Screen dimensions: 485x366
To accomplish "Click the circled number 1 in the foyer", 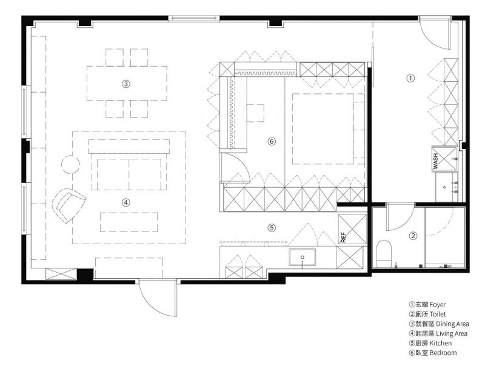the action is pos(410,79).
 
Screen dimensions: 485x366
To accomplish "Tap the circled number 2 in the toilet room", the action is pos(413,236).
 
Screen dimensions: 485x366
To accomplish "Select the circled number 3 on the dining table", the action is pos(125,84).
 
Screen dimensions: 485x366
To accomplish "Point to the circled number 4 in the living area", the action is pos(125,202).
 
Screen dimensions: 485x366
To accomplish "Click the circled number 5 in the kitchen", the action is pos(271,228).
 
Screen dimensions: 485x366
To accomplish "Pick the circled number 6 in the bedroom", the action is pos(271,142).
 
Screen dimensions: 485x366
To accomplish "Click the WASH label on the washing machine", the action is pos(435,161).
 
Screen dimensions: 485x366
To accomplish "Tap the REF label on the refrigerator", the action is pos(343,237).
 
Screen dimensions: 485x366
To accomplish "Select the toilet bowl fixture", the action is pos(384,253).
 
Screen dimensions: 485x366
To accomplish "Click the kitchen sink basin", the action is pos(303,258).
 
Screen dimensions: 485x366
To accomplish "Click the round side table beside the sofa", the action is pos(71,164).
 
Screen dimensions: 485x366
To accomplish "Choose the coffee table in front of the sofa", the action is pos(129,222).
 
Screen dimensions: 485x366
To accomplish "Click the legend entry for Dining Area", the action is pos(438,324).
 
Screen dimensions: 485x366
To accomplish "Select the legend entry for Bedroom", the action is pos(432,353).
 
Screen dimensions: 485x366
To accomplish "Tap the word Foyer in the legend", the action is pos(438,305).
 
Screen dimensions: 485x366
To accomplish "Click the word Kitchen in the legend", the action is pos(441,343).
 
